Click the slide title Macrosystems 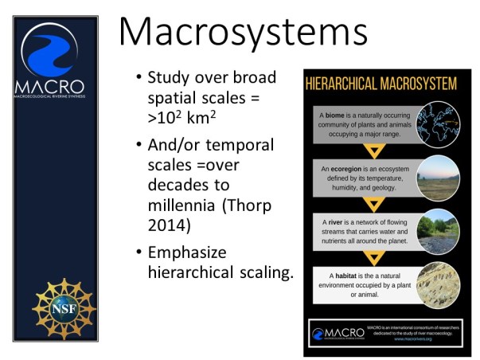point(243,33)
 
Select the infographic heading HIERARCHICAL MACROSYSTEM point(381,84)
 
